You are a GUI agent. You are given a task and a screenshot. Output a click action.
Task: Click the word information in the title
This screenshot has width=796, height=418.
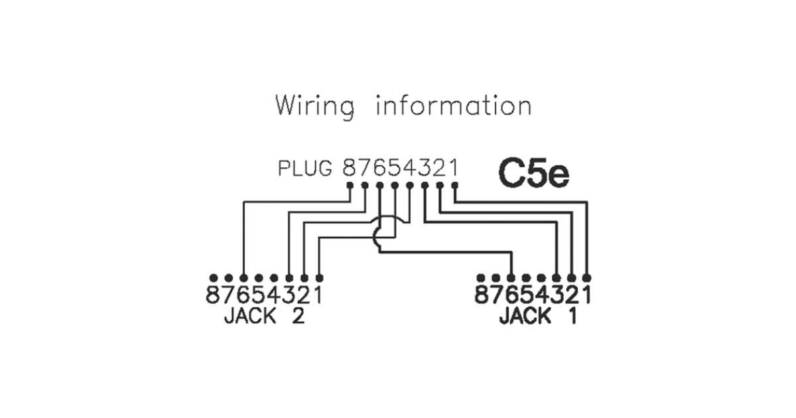(x=453, y=106)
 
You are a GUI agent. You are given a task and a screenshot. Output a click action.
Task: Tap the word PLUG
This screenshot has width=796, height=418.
(x=305, y=169)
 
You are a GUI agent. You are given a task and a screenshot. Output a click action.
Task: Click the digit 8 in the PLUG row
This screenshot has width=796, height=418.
(x=350, y=169)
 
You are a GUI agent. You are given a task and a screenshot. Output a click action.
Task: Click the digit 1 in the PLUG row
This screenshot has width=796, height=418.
(x=454, y=169)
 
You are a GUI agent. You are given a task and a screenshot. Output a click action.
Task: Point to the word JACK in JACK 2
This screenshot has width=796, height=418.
(x=249, y=316)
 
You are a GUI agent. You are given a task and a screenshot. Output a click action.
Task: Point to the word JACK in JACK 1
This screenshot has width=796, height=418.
(x=525, y=316)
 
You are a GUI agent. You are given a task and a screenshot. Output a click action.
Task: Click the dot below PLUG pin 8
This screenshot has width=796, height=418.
(x=350, y=185)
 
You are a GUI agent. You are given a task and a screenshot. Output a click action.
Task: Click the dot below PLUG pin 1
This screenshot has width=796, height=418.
(x=454, y=185)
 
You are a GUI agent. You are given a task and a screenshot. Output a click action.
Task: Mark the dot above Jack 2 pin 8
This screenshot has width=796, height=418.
(x=214, y=277)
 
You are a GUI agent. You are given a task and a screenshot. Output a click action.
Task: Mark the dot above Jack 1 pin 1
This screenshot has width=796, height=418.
(x=586, y=277)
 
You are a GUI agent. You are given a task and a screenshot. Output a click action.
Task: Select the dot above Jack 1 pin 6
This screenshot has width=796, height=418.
(x=511, y=277)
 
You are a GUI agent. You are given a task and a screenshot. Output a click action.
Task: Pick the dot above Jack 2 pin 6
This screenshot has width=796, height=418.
(x=244, y=277)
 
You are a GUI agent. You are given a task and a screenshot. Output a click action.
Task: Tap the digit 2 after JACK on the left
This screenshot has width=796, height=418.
(x=297, y=316)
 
